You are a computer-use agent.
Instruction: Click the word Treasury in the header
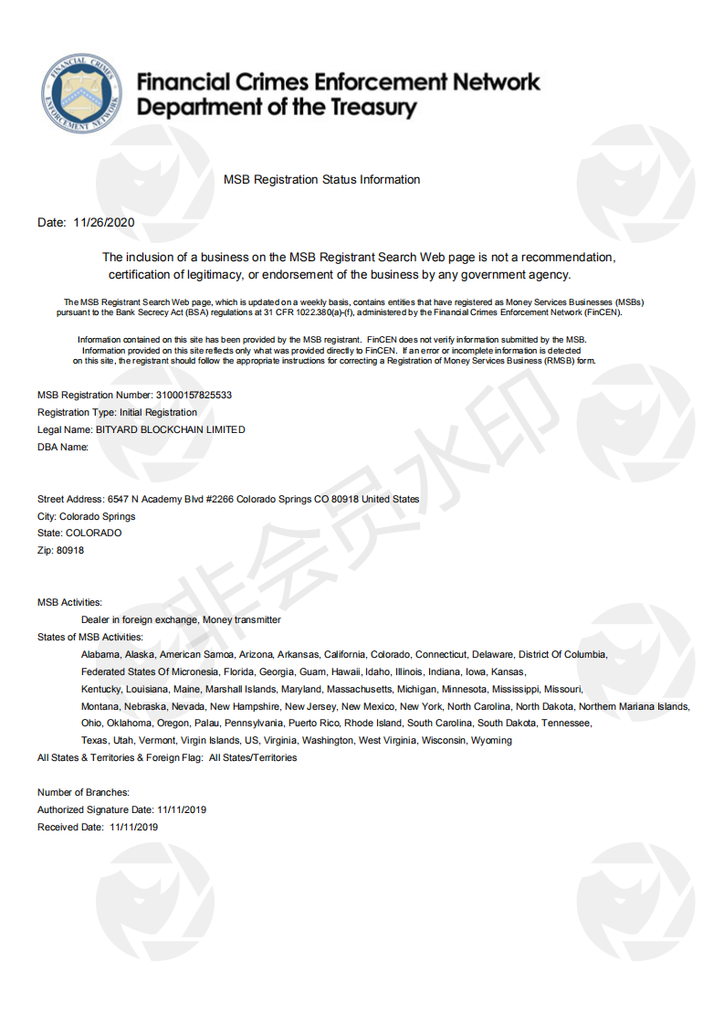click(362, 108)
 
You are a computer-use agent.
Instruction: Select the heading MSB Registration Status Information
click(321, 180)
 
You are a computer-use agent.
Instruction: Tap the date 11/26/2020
click(104, 223)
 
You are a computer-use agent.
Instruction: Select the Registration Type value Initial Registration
click(158, 413)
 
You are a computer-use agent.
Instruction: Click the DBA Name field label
click(63, 447)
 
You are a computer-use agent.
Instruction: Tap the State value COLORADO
click(93, 534)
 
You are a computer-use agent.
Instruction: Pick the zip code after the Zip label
click(70, 551)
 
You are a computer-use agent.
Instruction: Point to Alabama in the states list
click(100, 655)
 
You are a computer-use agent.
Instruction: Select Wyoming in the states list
click(491, 741)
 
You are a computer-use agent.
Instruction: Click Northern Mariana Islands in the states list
click(634, 706)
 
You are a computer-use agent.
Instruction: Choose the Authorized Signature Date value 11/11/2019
click(182, 810)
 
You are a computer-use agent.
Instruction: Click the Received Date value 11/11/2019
click(134, 828)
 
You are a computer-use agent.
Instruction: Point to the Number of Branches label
click(83, 793)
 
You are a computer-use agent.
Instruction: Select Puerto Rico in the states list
click(314, 724)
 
